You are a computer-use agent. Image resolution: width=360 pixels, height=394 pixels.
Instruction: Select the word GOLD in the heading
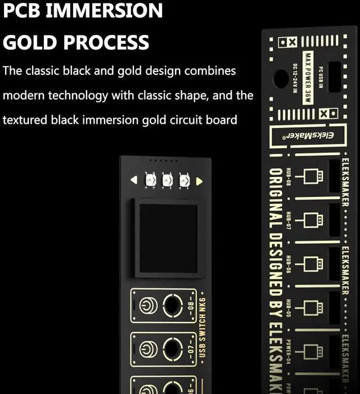click(29, 42)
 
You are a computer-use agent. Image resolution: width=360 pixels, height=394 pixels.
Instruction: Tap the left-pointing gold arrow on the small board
click(134, 180)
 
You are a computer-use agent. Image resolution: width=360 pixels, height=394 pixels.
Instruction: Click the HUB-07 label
click(288, 221)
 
